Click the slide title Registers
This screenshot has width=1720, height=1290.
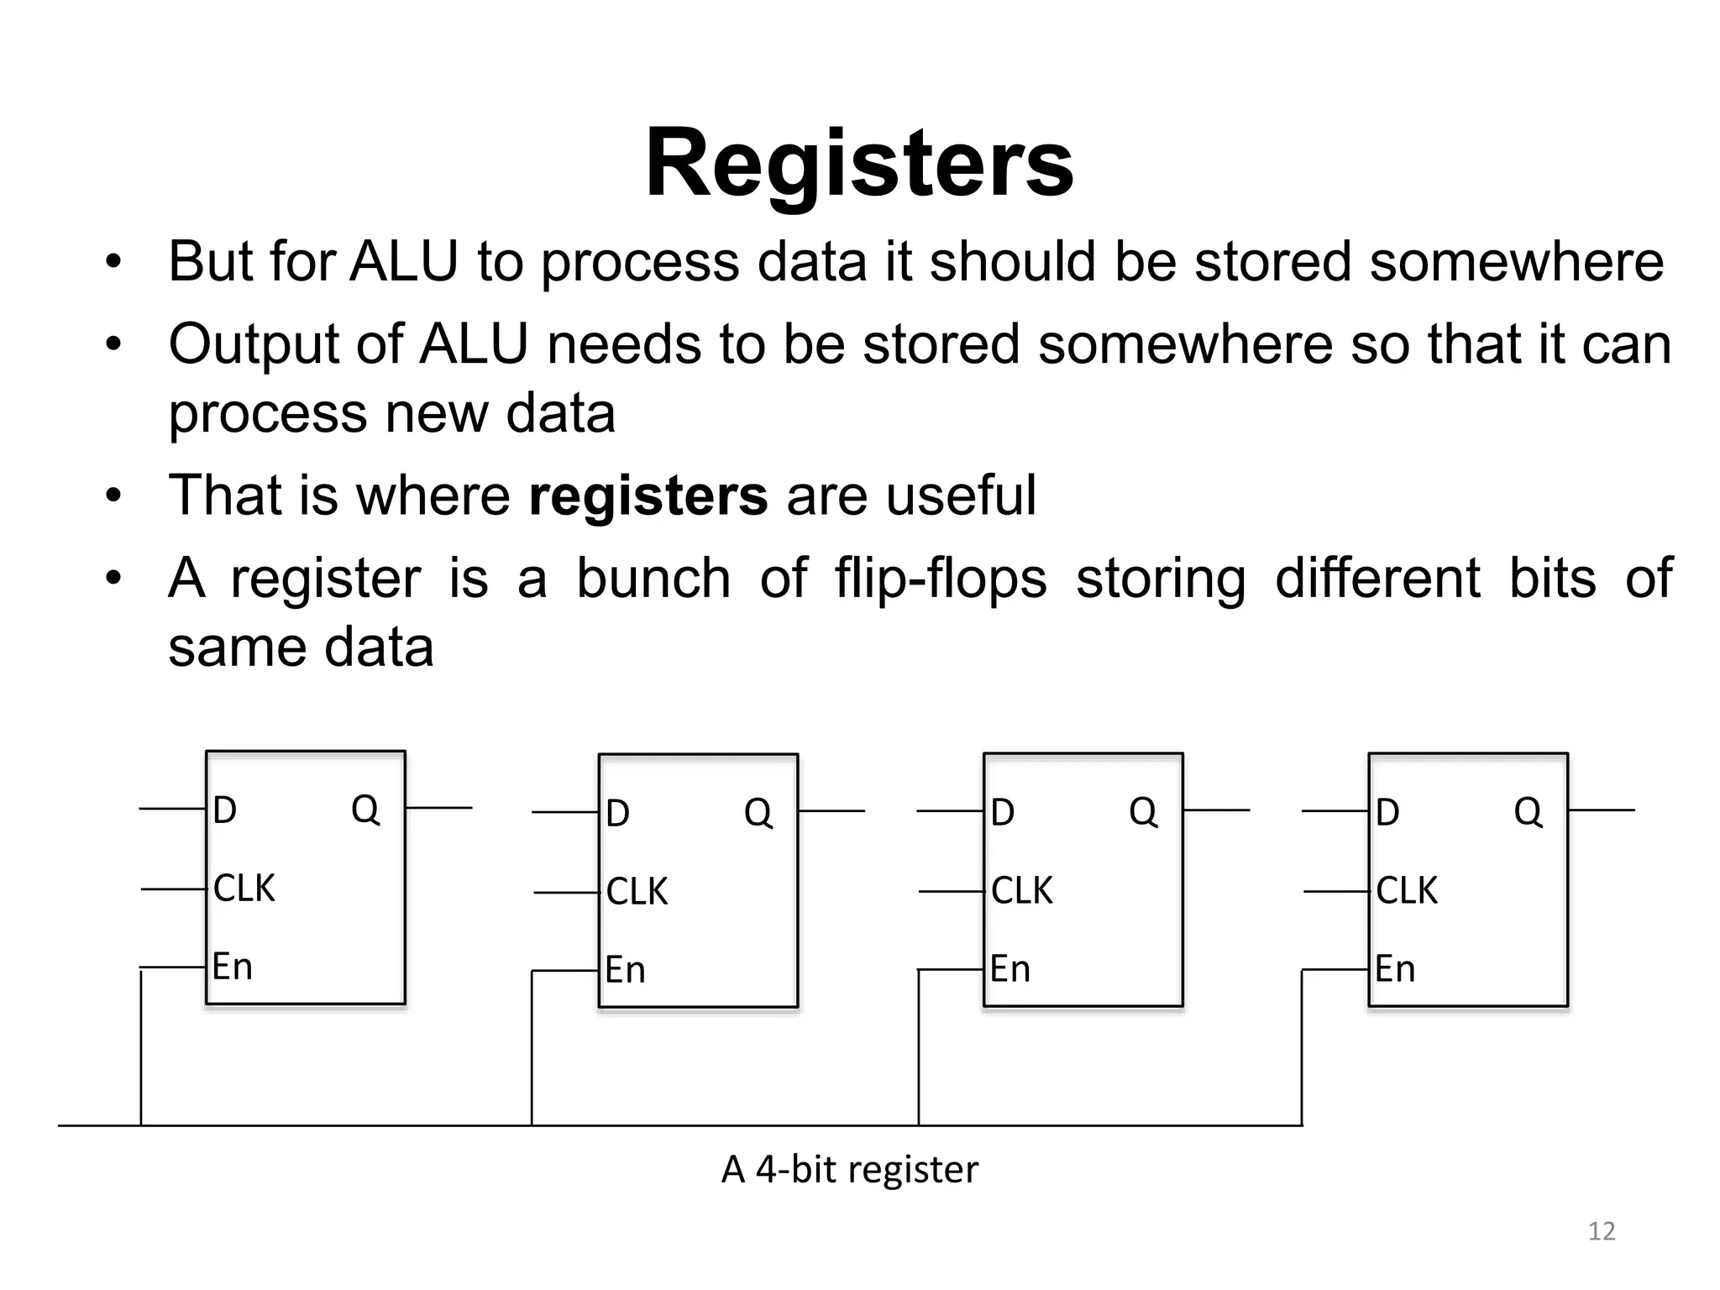(x=858, y=163)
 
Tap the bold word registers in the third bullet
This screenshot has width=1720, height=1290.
(x=648, y=496)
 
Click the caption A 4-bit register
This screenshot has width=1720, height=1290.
(x=849, y=1169)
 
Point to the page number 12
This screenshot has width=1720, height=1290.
(x=1602, y=1231)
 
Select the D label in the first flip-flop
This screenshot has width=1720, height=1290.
(x=225, y=810)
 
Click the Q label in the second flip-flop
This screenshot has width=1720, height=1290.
(x=758, y=813)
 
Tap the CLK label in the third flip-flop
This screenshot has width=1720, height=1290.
(x=1021, y=891)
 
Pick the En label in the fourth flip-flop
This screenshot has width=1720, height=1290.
(x=1395, y=969)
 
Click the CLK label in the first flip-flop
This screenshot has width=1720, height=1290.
(x=244, y=889)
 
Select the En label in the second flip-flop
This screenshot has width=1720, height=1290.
(x=626, y=970)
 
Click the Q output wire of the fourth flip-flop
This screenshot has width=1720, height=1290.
(x=1601, y=810)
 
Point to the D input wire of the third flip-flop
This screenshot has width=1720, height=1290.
(x=949, y=811)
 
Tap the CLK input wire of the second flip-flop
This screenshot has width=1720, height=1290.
(x=565, y=892)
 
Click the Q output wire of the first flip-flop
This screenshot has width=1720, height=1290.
(x=438, y=808)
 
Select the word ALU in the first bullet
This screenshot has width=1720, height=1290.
(x=404, y=261)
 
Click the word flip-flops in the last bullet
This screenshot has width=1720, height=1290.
(x=941, y=579)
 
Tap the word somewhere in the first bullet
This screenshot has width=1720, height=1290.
(x=1516, y=261)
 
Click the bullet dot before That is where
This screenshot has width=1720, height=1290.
(x=113, y=496)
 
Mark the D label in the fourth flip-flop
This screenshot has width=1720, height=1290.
(x=1387, y=812)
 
